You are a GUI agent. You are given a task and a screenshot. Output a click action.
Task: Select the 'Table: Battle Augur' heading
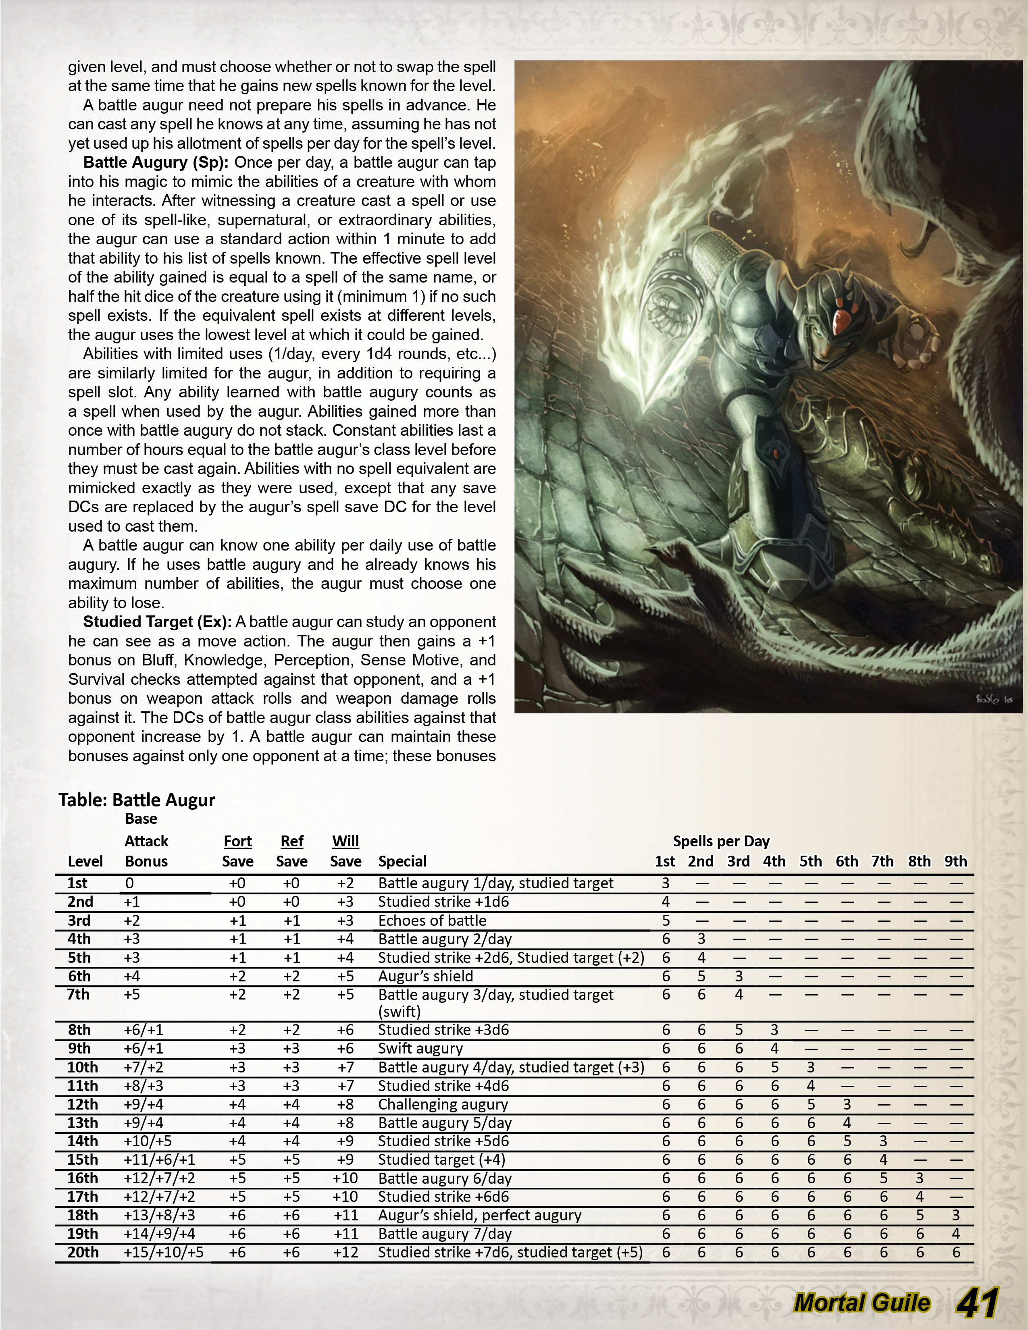[x=137, y=800]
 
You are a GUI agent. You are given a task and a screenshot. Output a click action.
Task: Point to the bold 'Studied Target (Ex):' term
[x=157, y=622]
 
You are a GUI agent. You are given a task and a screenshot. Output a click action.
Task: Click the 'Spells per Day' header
[x=721, y=841]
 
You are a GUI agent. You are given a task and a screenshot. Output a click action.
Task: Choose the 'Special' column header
[x=402, y=861]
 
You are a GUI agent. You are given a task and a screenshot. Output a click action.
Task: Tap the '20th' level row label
[x=82, y=1252]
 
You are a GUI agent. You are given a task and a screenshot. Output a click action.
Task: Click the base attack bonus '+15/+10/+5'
[x=163, y=1252]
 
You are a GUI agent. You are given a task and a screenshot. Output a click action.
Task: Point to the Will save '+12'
[x=345, y=1252]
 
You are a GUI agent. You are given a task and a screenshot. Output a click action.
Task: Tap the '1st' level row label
[x=77, y=883]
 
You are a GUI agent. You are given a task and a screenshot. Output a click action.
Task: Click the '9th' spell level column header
[x=955, y=861]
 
